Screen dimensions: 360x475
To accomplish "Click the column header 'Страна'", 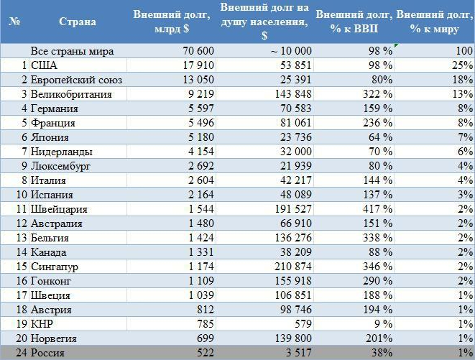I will [78, 22].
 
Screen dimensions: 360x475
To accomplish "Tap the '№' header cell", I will [14, 22].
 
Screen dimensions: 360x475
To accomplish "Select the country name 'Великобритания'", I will [71, 94].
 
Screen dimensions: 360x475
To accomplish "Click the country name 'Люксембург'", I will [61, 166].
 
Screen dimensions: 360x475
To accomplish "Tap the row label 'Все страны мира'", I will [72, 51].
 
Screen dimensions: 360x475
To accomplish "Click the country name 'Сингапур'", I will [55, 267].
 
